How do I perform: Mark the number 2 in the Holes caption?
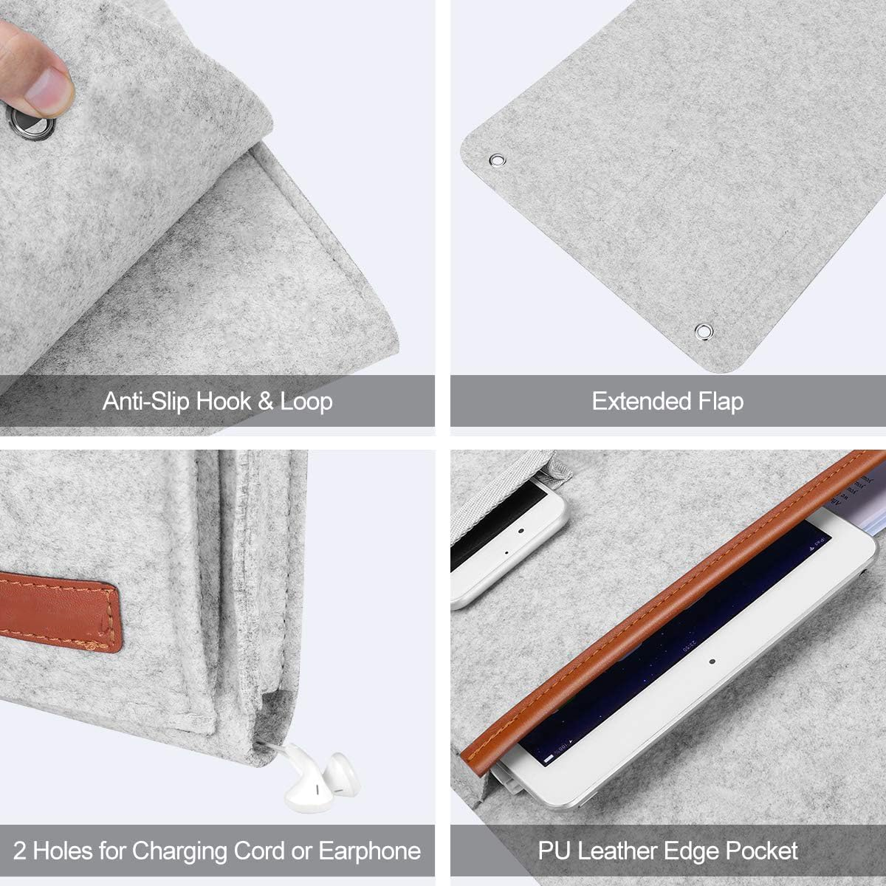click(x=21, y=851)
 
